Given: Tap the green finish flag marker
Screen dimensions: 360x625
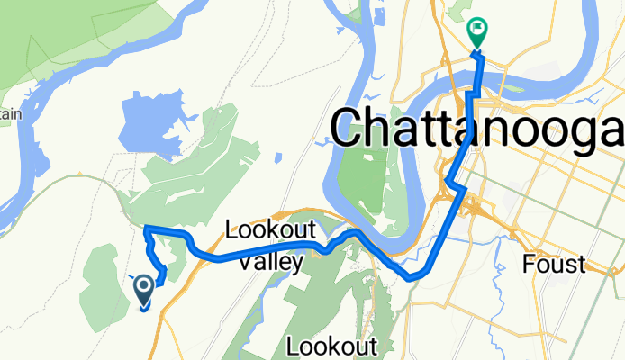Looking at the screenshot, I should pos(476,34).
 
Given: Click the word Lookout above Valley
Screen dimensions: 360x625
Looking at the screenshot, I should pos(267,229).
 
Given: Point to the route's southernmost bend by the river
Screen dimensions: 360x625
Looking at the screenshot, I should pos(412,276).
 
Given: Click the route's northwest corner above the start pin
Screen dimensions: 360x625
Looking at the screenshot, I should pos(146,229).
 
